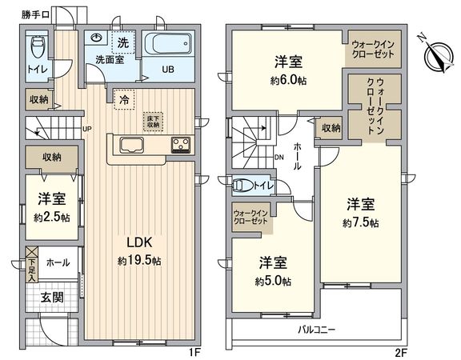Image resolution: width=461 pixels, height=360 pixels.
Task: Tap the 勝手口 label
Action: pyautogui.click(x=35, y=14)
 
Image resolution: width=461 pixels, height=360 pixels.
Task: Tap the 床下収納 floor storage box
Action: pyautogui.click(x=151, y=122)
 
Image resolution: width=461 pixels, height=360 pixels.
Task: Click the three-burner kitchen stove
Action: pyautogui.click(x=181, y=145)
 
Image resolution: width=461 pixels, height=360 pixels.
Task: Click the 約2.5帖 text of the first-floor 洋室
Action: pyautogui.click(x=52, y=217)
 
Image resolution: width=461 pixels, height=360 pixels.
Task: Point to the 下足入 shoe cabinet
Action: pyautogui.click(x=32, y=267)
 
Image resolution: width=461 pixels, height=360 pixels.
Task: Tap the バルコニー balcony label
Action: pyautogui.click(x=317, y=329)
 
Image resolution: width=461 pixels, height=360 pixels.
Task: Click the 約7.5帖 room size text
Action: pyautogui.click(x=360, y=222)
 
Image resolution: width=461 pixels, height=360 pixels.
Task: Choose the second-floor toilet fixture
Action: pyautogui.click(x=243, y=186)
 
